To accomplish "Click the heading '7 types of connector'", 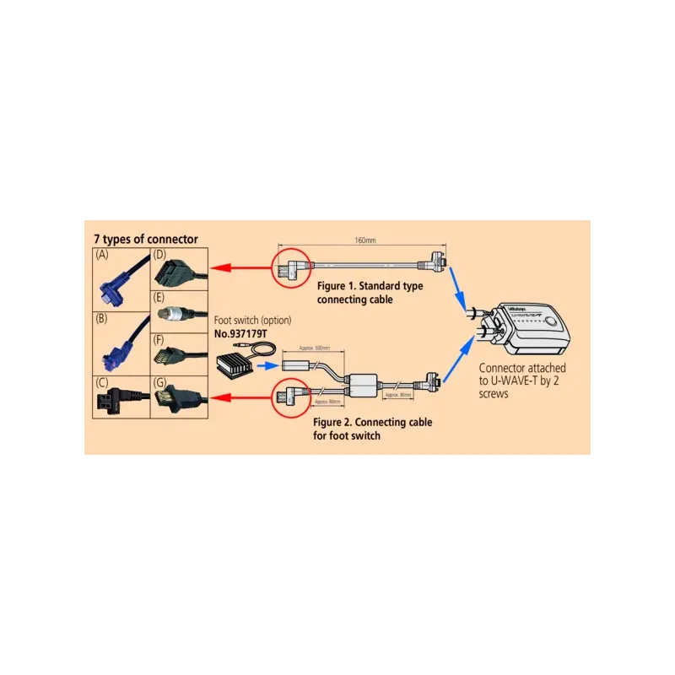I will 145,240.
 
